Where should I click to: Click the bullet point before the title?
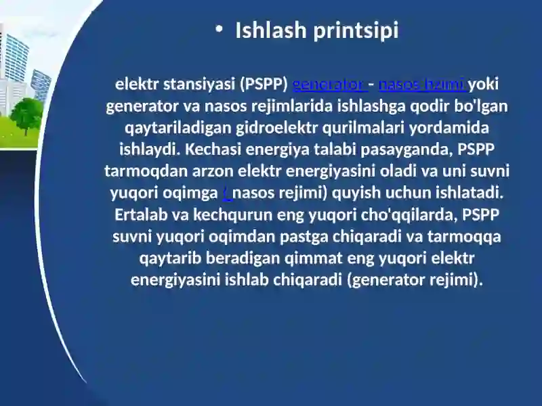click(218, 29)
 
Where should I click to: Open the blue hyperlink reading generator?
click(329, 85)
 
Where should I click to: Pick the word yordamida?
click(457, 128)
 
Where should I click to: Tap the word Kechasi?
click(211, 150)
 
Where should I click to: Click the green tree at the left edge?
click(26, 114)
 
